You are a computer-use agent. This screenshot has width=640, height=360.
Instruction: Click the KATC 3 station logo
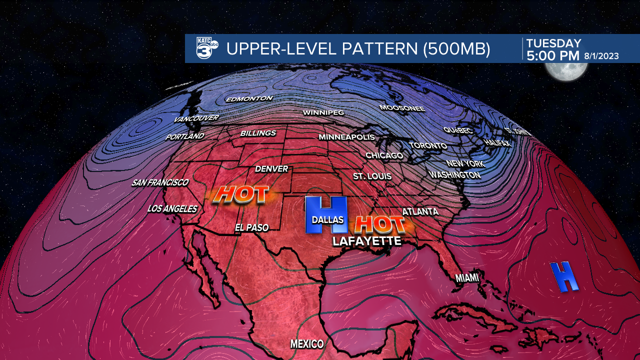(206, 48)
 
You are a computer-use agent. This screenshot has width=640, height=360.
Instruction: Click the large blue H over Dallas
(326, 214)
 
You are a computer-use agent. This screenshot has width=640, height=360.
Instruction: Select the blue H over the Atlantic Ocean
(564, 276)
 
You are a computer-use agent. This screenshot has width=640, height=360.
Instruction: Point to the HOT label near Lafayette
(378, 224)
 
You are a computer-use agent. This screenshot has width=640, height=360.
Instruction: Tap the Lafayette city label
(367, 241)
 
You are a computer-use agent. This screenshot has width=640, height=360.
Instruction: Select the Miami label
(467, 277)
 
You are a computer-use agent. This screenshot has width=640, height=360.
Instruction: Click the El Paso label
(252, 228)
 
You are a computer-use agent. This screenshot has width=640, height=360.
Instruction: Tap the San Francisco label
(160, 183)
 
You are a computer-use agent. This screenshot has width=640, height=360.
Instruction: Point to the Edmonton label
(249, 99)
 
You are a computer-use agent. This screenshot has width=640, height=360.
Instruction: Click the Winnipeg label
(323, 113)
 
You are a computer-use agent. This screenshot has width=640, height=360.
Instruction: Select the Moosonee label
(402, 108)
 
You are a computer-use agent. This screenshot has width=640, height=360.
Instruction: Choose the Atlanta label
(420, 212)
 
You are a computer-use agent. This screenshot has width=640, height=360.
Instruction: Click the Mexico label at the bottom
(307, 344)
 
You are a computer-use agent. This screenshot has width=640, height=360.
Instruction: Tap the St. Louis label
(372, 176)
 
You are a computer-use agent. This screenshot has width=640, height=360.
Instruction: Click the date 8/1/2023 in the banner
(601, 56)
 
